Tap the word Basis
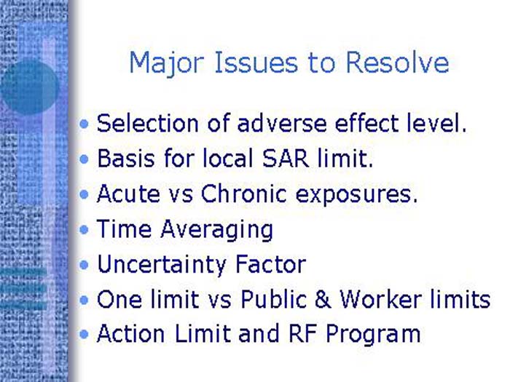[122, 159]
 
